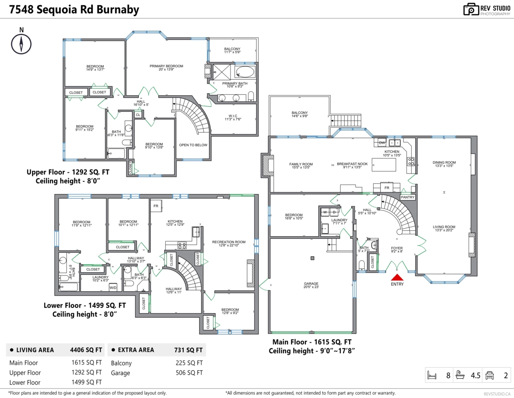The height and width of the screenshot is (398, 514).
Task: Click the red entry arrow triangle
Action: click(x=397, y=277)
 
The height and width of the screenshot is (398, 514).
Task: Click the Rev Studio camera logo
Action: click(x=471, y=9)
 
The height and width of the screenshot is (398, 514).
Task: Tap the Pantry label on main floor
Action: click(x=407, y=197)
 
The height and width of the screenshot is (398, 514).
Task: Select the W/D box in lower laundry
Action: click(x=113, y=287)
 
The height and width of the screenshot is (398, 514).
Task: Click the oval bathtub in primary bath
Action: click(x=245, y=72)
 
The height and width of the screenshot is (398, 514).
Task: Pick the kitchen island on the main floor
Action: click(x=384, y=165)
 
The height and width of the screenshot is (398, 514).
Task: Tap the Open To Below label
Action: click(x=193, y=145)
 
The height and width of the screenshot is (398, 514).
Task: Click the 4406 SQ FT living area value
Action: click(x=86, y=350)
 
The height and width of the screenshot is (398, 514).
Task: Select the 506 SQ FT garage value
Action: click(x=189, y=373)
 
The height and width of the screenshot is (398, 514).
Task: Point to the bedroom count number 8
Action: click(x=448, y=376)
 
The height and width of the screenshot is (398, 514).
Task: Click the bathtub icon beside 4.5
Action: click(x=460, y=375)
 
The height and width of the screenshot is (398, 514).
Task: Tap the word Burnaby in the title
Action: click(x=118, y=10)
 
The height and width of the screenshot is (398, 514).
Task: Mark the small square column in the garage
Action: click(x=312, y=258)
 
